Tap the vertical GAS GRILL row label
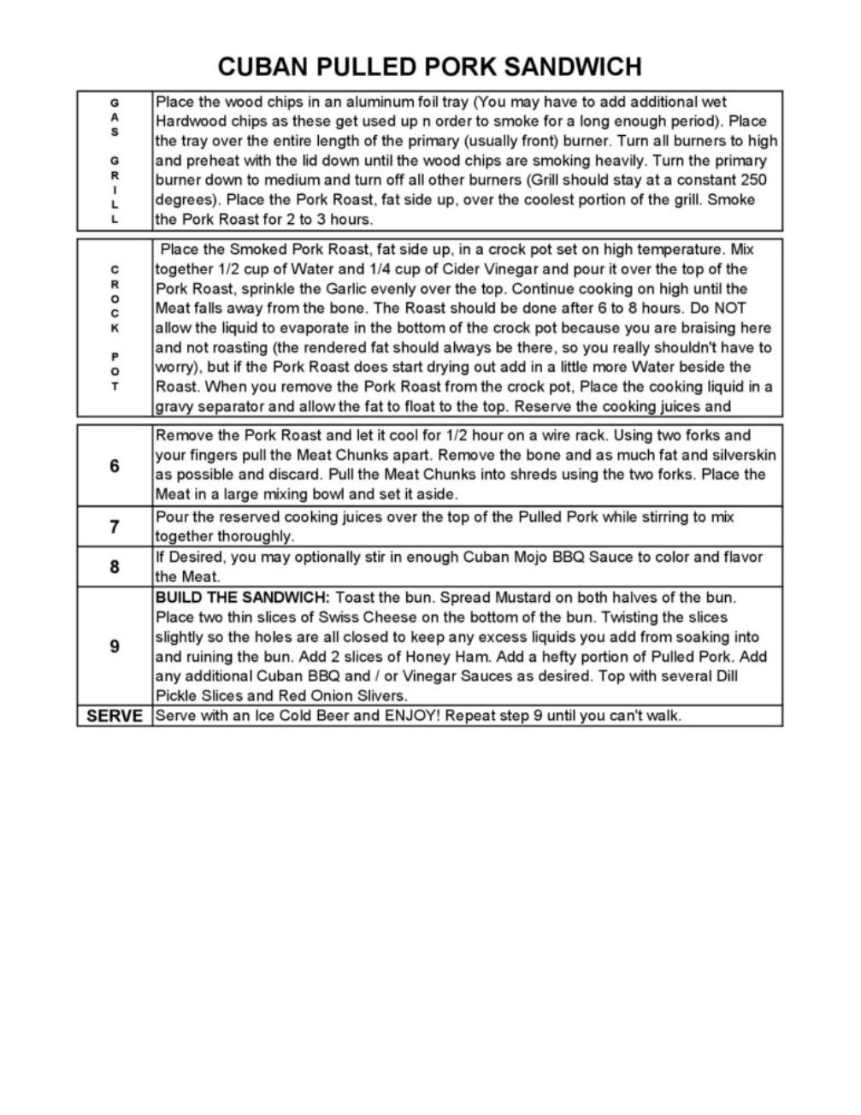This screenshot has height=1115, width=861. tap(115, 161)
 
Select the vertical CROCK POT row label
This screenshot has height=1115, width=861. tap(115, 327)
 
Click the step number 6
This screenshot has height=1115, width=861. tap(115, 466)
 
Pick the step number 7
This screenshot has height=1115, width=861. tap(115, 527)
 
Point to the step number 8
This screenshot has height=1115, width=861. tap(115, 567)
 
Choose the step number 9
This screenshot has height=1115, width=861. tap(115, 646)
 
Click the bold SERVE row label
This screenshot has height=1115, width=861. tap(115, 717)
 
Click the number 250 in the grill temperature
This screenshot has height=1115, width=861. tap(752, 180)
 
